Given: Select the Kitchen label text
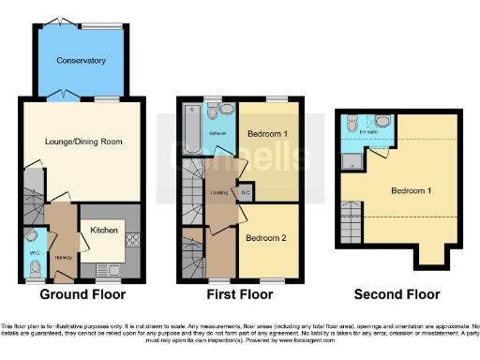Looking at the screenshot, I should (x=103, y=229).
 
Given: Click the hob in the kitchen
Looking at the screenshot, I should (x=132, y=239).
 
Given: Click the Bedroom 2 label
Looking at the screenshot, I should (x=266, y=238).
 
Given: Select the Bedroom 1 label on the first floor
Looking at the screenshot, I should (x=267, y=134).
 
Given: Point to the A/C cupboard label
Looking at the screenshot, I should (x=245, y=194).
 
